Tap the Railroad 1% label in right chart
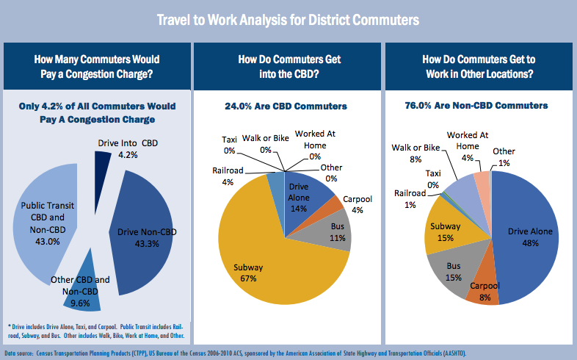(410, 199)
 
